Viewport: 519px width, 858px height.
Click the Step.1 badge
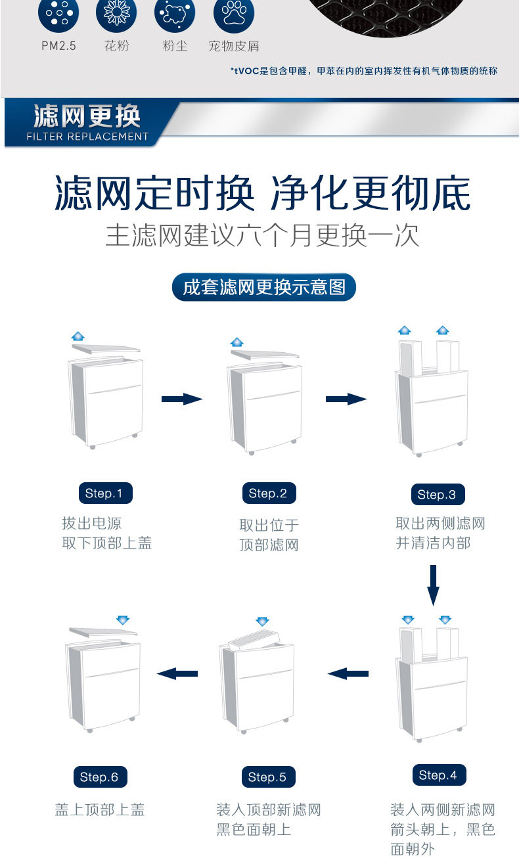pos(104,493)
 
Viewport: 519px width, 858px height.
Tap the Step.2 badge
pos(268,493)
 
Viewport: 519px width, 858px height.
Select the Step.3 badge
pos(437,495)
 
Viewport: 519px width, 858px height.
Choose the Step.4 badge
pos(438,775)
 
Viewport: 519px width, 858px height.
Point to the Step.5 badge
pos(267,777)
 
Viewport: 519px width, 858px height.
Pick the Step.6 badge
pos(99,777)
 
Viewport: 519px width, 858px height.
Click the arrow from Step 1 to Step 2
pos(182,399)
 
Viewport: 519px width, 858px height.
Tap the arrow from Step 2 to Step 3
pos(346,399)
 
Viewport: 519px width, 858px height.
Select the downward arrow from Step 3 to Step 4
pos(433,584)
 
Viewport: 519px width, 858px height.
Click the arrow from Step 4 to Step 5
pos(348,673)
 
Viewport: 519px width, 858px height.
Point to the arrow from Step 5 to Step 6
pos(177,673)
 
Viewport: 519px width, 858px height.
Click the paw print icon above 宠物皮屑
pos(234,16)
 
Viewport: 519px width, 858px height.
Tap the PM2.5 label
pos(58,46)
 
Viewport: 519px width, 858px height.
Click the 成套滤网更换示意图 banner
pos(263,288)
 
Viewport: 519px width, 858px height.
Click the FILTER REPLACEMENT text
pos(88,137)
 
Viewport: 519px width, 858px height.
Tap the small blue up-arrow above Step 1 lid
pos(78,336)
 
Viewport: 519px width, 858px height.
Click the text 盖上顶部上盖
pos(100,810)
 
